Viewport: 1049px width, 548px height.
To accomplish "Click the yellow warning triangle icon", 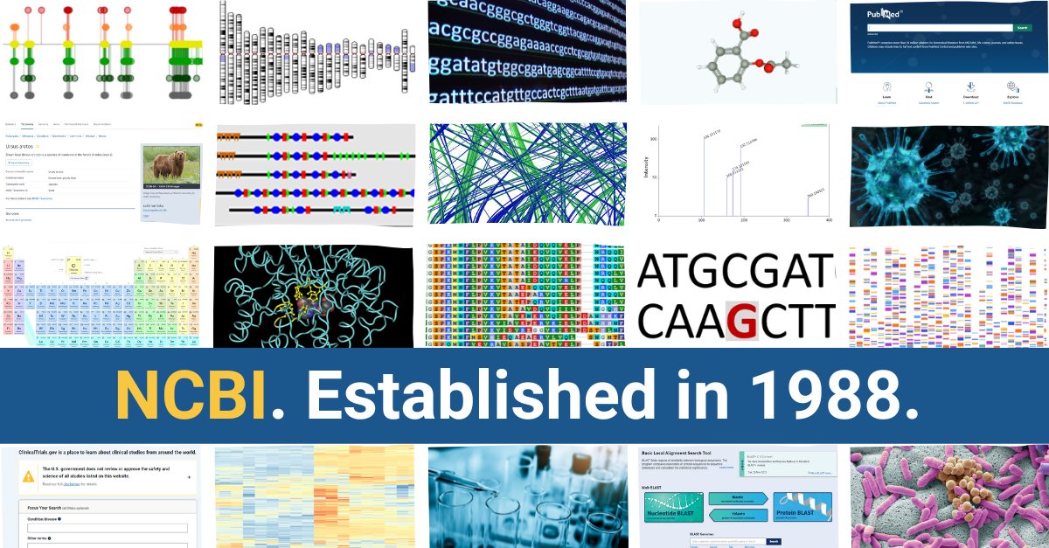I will pos(29,476).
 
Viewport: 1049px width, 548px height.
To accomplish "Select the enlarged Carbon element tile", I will pos(75,267).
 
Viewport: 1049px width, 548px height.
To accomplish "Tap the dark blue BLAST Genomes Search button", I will pos(773,542).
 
